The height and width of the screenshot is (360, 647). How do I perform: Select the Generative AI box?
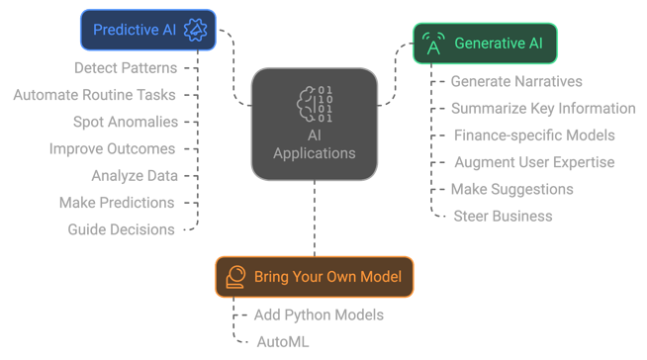click(485, 44)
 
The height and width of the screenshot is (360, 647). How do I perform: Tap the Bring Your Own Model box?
click(315, 277)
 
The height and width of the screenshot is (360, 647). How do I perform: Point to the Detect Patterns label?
click(126, 68)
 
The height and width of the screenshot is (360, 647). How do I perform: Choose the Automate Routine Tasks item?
click(95, 95)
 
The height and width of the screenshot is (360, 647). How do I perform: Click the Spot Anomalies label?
click(126, 122)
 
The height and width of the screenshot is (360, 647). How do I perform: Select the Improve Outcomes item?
click(112, 148)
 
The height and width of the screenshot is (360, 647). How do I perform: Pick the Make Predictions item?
click(117, 203)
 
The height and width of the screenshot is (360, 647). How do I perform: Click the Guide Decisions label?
click(121, 229)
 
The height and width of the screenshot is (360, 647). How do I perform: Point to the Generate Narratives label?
click(516, 81)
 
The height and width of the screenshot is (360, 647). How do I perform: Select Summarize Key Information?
click(543, 108)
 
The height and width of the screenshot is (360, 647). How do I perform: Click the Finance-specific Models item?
click(534, 135)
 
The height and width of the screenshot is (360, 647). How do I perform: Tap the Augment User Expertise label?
click(534, 161)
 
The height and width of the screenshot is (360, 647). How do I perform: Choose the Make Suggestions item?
click(511, 189)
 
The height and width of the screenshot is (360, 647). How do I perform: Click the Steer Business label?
click(503, 216)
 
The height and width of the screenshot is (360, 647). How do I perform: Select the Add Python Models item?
click(319, 315)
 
